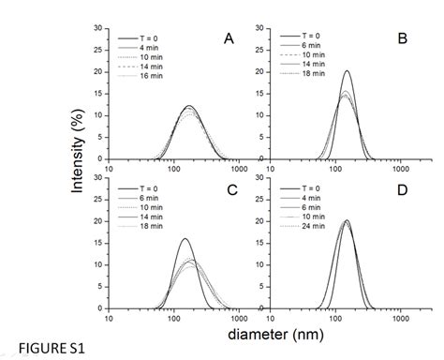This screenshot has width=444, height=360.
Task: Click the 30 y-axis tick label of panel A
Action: pos(100,28)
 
